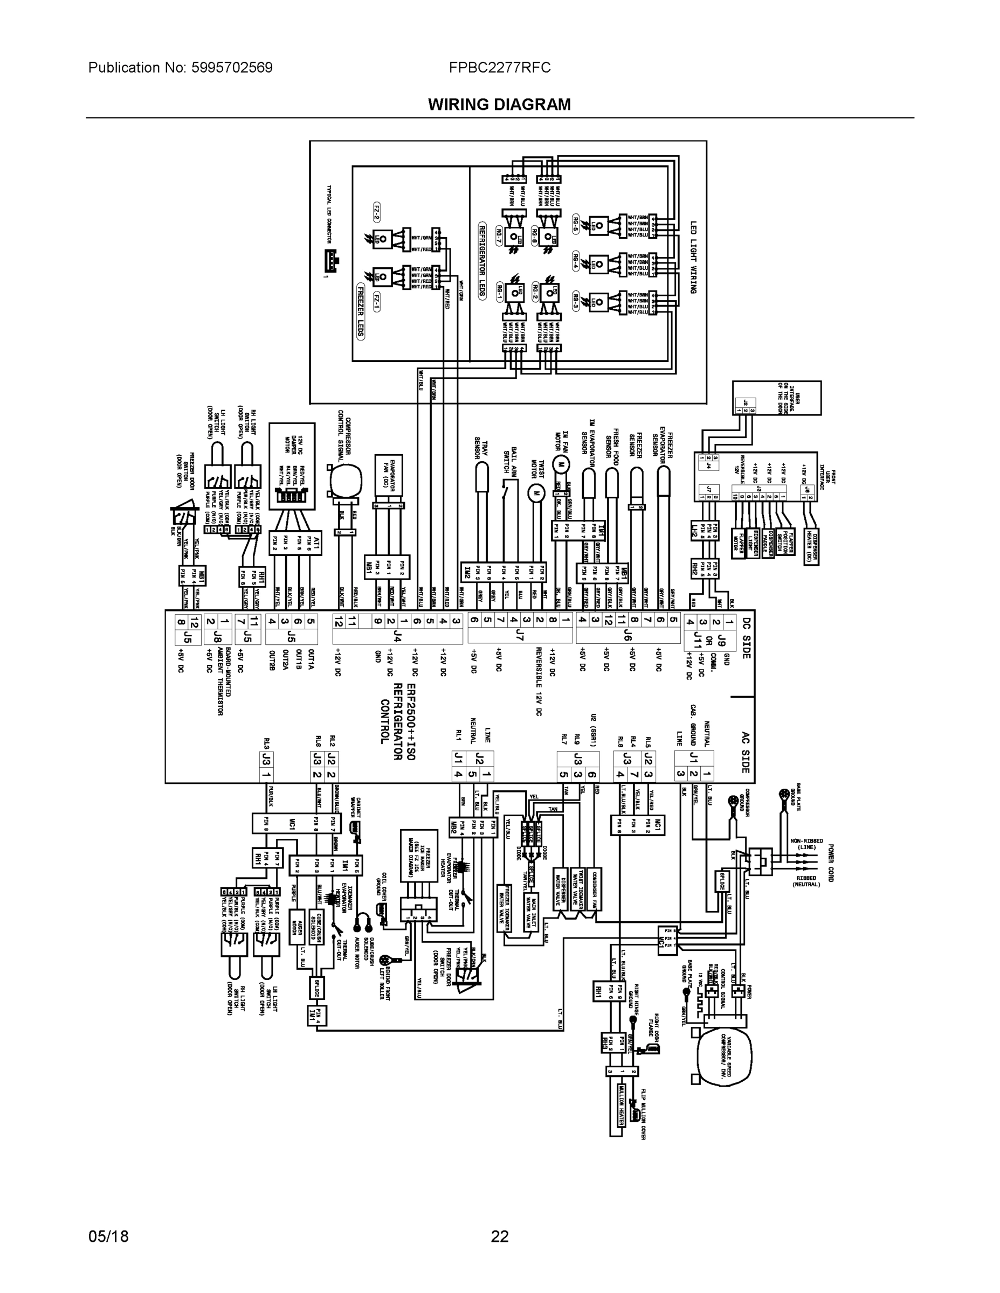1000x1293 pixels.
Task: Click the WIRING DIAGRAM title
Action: (499, 105)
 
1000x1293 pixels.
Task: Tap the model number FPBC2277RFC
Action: (499, 68)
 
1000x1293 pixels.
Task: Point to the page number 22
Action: (499, 1236)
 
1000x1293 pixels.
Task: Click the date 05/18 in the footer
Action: (108, 1236)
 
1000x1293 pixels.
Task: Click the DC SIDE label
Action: (746, 639)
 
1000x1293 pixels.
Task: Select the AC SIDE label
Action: (746, 753)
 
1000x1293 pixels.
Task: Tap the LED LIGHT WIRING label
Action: (693, 258)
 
